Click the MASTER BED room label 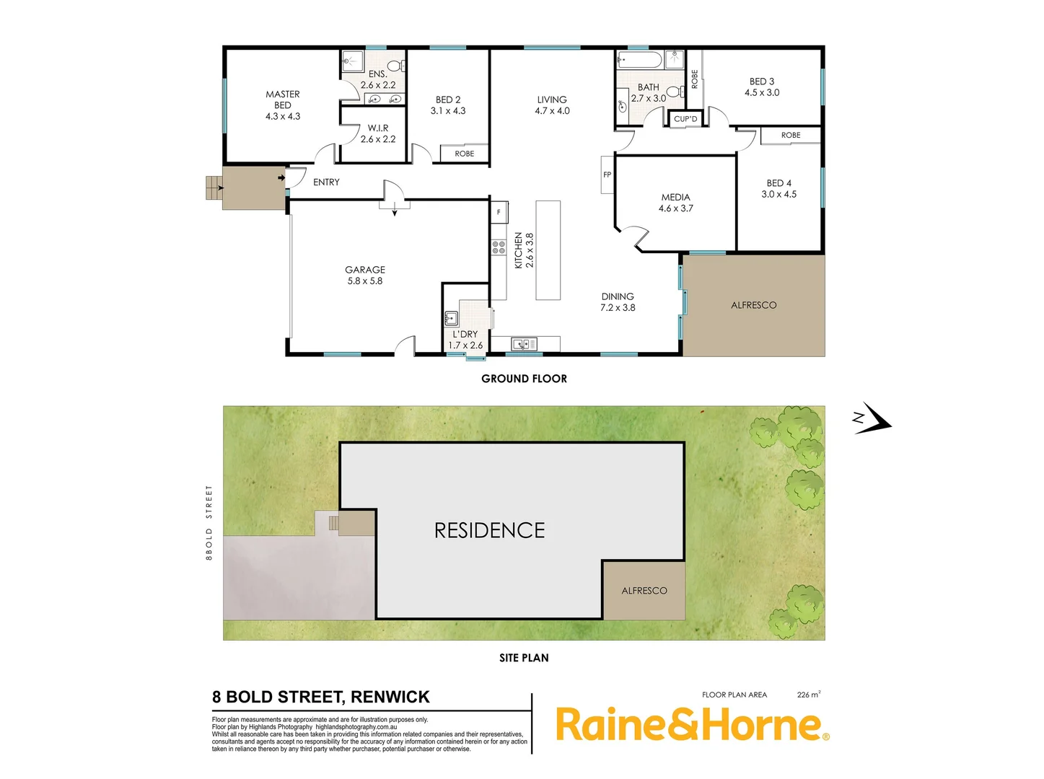pyautogui.click(x=283, y=105)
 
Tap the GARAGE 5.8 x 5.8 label pyautogui.click(x=365, y=275)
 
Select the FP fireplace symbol pyautogui.click(x=607, y=175)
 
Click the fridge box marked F pyautogui.click(x=499, y=212)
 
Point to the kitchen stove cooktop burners pyautogui.click(x=499, y=247)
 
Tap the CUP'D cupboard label pyautogui.click(x=685, y=119)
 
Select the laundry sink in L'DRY pyautogui.click(x=452, y=317)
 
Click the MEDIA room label pyautogui.click(x=675, y=203)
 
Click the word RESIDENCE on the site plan pyautogui.click(x=490, y=531)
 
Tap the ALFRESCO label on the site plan pyautogui.click(x=644, y=591)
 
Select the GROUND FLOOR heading pyautogui.click(x=524, y=379)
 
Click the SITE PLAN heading pyautogui.click(x=524, y=658)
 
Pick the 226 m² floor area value pyautogui.click(x=808, y=695)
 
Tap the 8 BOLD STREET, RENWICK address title pyautogui.click(x=321, y=697)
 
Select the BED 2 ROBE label pyautogui.click(x=465, y=154)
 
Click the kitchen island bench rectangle pyautogui.click(x=548, y=250)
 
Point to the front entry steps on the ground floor pyautogui.click(x=214, y=188)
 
